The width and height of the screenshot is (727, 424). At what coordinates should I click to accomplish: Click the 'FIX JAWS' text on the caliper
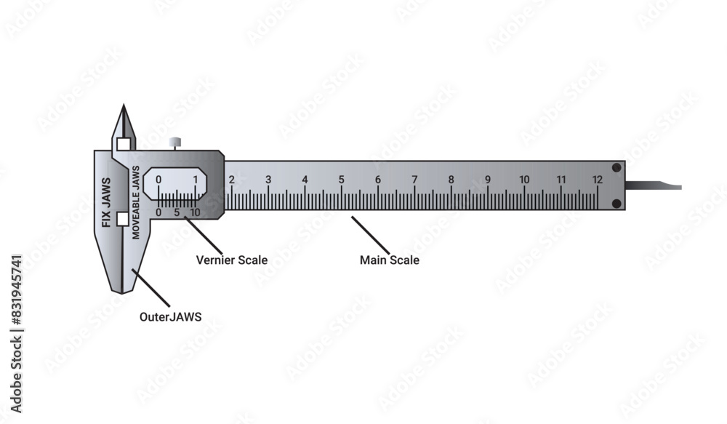[x=106, y=203]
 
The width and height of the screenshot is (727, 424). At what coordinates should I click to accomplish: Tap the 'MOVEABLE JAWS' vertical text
[x=136, y=203]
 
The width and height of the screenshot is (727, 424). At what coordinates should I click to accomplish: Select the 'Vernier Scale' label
[x=232, y=260]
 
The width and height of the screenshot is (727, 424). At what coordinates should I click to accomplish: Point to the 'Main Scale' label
[x=390, y=260]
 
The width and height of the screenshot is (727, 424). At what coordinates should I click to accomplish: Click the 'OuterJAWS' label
[x=170, y=317]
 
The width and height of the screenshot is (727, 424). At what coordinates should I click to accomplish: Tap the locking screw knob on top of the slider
[x=174, y=143]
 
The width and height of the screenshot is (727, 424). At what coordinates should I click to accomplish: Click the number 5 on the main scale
[x=342, y=180]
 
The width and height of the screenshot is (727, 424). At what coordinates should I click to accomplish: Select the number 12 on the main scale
[x=597, y=180]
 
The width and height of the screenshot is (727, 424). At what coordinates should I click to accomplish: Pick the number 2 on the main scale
[x=231, y=180]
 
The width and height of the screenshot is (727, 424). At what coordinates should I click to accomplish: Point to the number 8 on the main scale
[x=451, y=180]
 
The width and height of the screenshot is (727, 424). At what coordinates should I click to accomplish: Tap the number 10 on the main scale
[x=524, y=180]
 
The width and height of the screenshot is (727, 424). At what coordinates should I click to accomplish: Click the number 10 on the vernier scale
[x=195, y=212]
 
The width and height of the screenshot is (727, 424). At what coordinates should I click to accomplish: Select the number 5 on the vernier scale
[x=177, y=212]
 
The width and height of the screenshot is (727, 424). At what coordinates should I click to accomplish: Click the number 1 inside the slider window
[x=195, y=180]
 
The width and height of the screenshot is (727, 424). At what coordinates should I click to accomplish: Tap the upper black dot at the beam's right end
[x=616, y=168]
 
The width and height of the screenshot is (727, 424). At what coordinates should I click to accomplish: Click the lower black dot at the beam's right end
[x=616, y=204]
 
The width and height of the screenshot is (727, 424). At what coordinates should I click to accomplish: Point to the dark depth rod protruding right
[x=654, y=186]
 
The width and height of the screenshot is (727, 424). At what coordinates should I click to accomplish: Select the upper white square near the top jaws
[x=124, y=144]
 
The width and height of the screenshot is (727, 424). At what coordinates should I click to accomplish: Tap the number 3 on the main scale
[x=268, y=180]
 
